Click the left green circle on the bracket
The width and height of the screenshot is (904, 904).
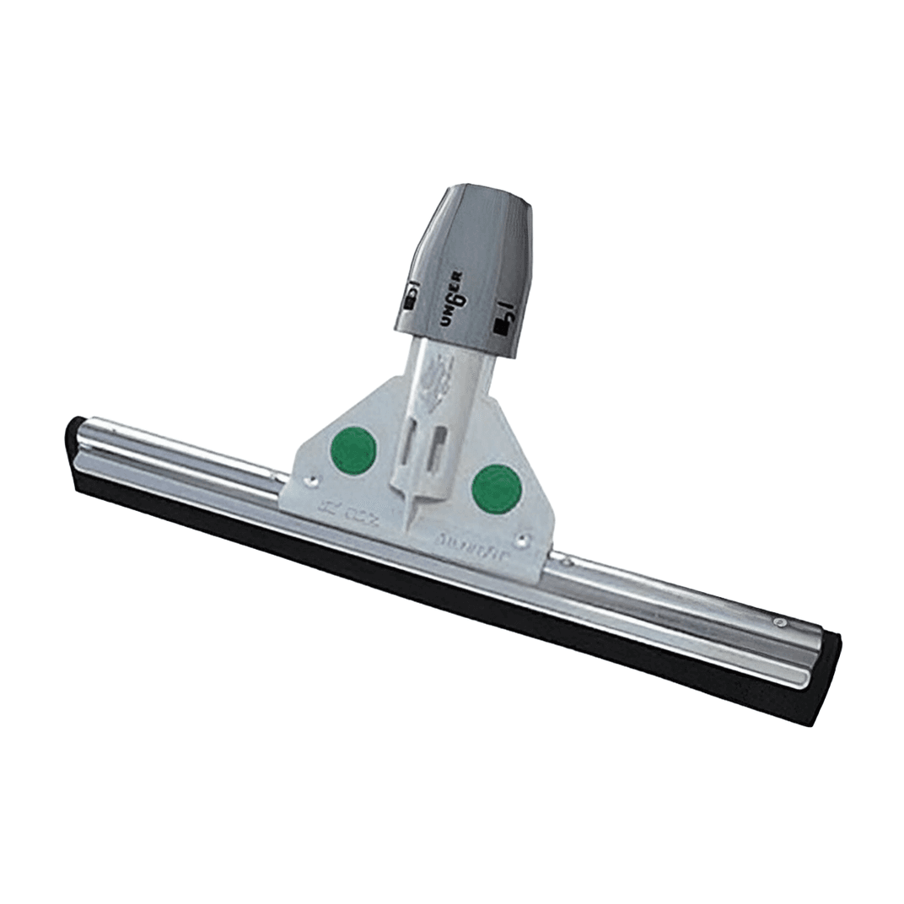(x=352, y=451)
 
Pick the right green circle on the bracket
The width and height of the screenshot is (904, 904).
(x=496, y=489)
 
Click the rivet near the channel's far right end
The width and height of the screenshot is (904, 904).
(x=778, y=624)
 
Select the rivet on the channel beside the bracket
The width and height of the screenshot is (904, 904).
(x=567, y=560)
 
